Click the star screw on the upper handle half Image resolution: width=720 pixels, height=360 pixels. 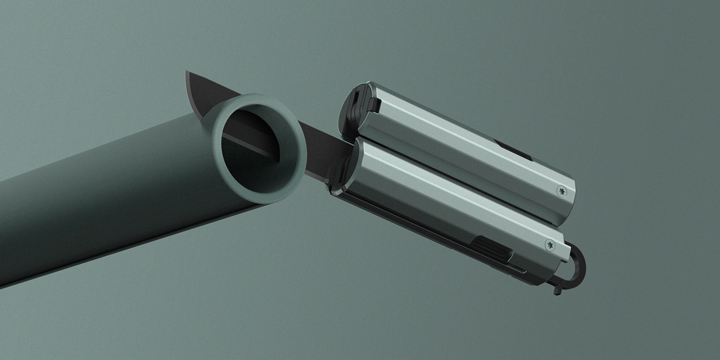pyautogui.click(x=562, y=190)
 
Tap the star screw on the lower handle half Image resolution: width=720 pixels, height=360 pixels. pyautogui.click(x=550, y=245)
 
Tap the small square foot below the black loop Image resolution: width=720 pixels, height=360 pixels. pyautogui.click(x=557, y=290)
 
